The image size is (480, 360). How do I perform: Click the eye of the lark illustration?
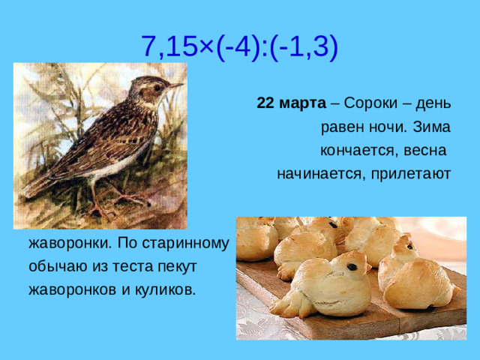pyautogui.click(x=157, y=87)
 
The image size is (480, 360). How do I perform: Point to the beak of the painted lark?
pyautogui.click(x=176, y=86)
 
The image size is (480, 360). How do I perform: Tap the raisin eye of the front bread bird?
pyautogui.click(x=352, y=265)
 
